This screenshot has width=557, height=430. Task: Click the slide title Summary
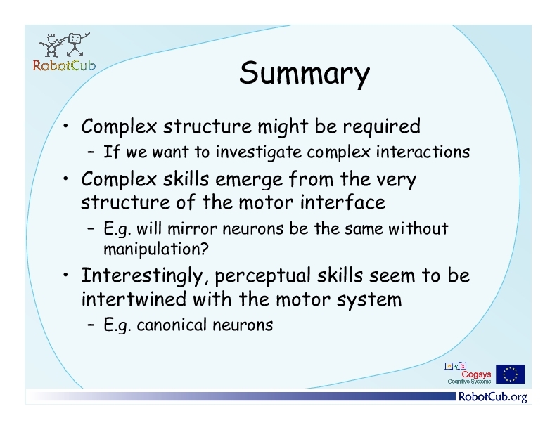click(305, 73)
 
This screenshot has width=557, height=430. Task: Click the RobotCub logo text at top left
click(64, 65)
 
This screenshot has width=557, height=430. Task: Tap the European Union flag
click(510, 374)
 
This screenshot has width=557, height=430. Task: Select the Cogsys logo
click(468, 373)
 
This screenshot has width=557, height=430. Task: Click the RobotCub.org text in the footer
click(493, 396)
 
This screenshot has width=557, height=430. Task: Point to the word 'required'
click(381, 126)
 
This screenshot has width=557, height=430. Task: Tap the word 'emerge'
click(249, 180)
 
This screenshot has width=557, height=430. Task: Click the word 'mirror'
click(192, 228)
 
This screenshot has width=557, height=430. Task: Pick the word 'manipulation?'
click(156, 249)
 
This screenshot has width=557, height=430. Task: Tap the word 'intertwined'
click(134, 299)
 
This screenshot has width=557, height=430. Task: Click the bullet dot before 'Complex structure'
click(65, 126)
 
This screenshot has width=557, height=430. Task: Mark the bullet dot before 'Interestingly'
click(65, 275)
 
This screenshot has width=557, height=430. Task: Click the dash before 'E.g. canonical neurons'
click(91, 325)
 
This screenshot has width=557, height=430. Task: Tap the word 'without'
click(418, 228)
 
